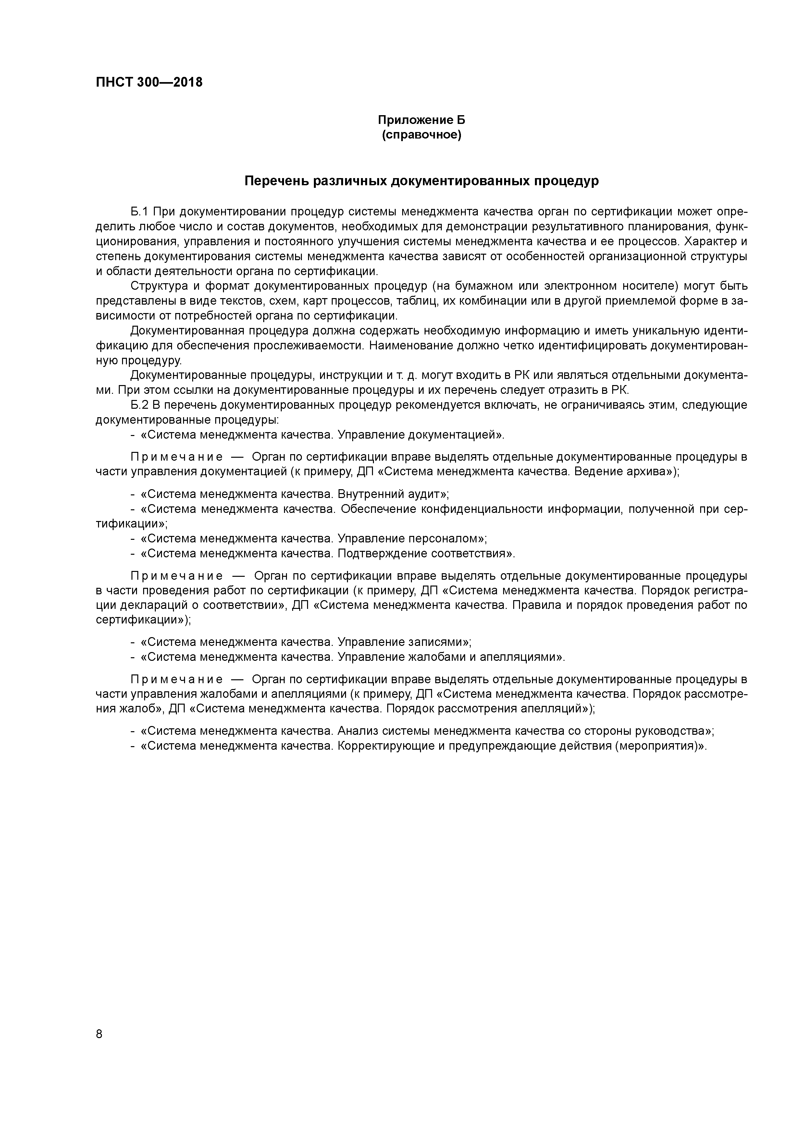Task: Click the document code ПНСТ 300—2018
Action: click(149, 82)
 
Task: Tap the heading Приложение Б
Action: click(421, 120)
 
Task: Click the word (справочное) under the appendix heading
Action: click(421, 135)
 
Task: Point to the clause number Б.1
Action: click(140, 212)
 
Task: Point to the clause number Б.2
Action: click(140, 405)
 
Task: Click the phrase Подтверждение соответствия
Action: click(424, 553)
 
